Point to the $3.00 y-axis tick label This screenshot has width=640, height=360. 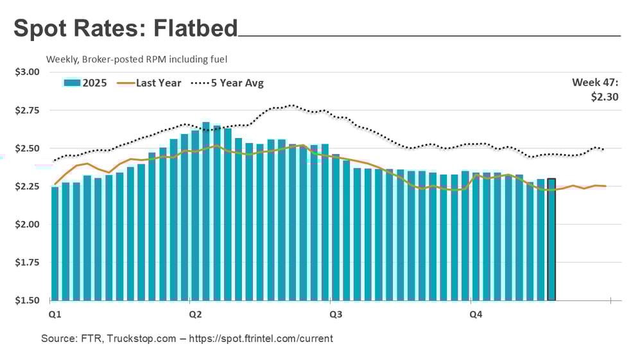27,72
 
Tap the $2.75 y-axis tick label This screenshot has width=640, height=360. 27,110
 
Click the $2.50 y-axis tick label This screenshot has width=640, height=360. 27,148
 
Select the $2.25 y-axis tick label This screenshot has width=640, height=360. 27,187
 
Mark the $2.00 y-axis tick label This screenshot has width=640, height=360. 27,225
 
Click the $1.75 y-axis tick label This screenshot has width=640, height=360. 27,262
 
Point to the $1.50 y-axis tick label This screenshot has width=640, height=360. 27,300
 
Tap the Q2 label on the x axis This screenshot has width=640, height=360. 195,314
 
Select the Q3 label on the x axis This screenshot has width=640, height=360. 335,314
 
